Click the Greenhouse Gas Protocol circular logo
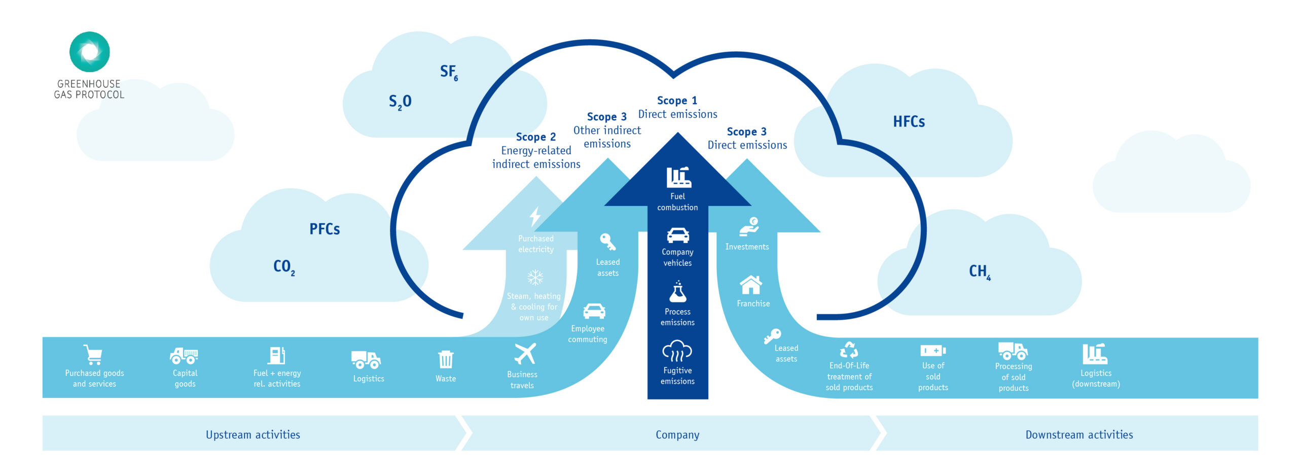pyautogui.click(x=89, y=52)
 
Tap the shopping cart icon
pyautogui.click(x=93, y=355)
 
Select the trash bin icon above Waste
pyautogui.click(x=446, y=359)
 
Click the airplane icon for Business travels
pyautogui.click(x=525, y=354)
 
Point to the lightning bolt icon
pyautogui.click(x=535, y=217)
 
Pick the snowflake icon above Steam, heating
pyautogui.click(x=535, y=278)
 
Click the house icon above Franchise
pyautogui.click(x=751, y=285)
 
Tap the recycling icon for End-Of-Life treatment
pyautogui.click(x=849, y=350)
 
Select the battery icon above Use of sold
pyautogui.click(x=933, y=351)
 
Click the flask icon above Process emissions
pyautogui.click(x=677, y=292)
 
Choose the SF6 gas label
pyautogui.click(x=449, y=72)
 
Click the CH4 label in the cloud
pyautogui.click(x=979, y=272)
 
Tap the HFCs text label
pyautogui.click(x=909, y=122)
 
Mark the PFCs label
pyautogui.click(x=324, y=229)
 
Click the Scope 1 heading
pyautogui.click(x=677, y=100)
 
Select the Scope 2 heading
pyautogui.click(x=535, y=137)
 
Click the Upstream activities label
pyautogui.click(x=253, y=434)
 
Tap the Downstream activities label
pyautogui.click(x=1079, y=434)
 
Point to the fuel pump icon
pyautogui.click(x=277, y=355)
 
